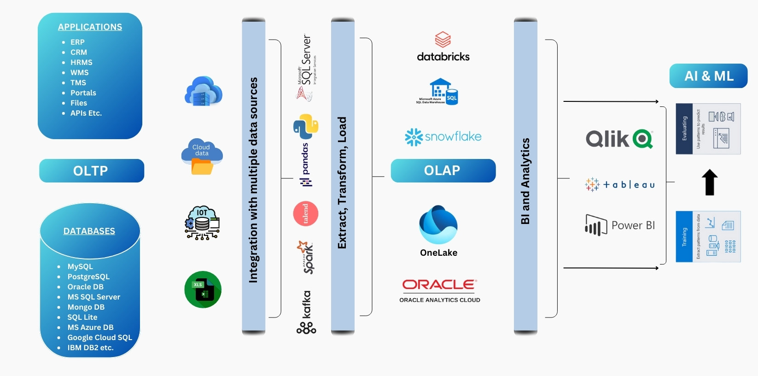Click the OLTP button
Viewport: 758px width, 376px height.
point(91,171)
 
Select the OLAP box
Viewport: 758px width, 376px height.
point(443,170)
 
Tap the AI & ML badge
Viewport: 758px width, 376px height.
point(708,76)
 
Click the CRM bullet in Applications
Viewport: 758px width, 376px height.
point(78,53)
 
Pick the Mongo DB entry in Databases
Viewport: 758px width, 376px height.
point(86,307)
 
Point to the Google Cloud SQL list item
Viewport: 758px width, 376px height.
point(99,338)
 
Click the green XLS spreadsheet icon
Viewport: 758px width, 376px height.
point(203,290)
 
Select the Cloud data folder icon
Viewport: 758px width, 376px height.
point(202,157)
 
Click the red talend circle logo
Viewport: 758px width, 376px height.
point(306,213)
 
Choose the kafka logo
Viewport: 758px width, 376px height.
point(306,312)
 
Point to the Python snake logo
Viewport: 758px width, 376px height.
point(306,126)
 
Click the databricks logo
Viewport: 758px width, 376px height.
point(443,47)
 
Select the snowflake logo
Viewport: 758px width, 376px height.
point(443,137)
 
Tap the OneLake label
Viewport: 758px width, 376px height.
point(438,253)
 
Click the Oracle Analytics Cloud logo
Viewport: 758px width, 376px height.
point(440,291)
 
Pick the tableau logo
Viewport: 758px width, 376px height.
point(620,185)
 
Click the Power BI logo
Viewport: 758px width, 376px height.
point(620,225)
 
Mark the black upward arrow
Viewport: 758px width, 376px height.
point(710,182)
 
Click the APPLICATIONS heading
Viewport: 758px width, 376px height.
point(90,27)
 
